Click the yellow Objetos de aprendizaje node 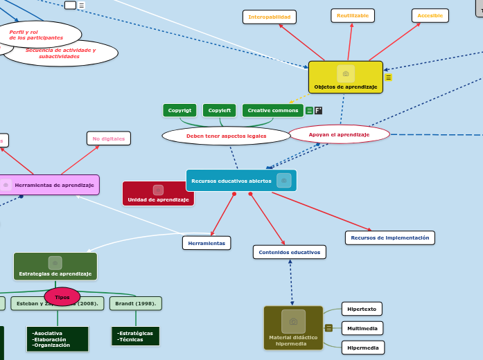click(345, 78)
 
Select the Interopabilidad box click(269, 17)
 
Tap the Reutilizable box click(353, 15)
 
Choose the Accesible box click(430, 15)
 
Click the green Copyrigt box click(179, 110)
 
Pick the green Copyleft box click(220, 110)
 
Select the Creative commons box click(273, 110)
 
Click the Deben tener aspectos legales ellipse click(226, 136)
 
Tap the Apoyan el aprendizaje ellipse click(339, 134)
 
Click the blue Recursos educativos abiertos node click(240, 180)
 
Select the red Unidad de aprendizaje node click(158, 194)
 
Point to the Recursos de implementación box click(389, 237)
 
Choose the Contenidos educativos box click(289, 252)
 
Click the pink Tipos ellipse click(62, 296)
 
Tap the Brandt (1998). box click(135, 303)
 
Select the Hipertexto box click(362, 309)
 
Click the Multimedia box click(362, 328)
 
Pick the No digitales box click(109, 138)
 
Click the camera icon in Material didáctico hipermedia click(293, 321)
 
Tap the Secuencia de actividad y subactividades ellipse click(61, 53)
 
